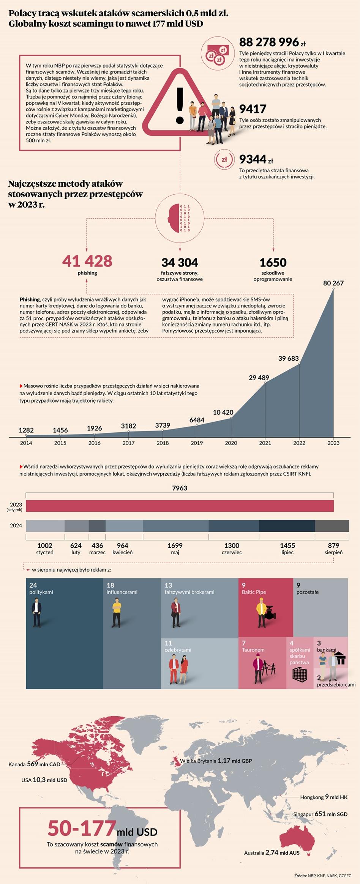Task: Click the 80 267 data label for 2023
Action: pos(333,283)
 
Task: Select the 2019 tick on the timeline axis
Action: pos(197,443)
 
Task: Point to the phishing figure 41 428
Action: pos(87,262)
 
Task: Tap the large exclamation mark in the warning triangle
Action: pos(180,106)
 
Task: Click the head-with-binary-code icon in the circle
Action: pos(180,218)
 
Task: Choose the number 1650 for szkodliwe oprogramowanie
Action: pos(273,263)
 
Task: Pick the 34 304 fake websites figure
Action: pos(180,263)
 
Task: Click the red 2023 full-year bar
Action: pos(180,506)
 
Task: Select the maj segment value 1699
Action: pos(175,545)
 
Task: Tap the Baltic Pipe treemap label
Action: pos(254,592)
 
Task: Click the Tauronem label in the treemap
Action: pos(253,650)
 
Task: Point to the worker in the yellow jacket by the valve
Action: pos(261,612)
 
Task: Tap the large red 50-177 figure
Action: pos(82,828)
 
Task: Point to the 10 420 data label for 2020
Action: pos(223,413)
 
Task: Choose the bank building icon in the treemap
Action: pos(341,658)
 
